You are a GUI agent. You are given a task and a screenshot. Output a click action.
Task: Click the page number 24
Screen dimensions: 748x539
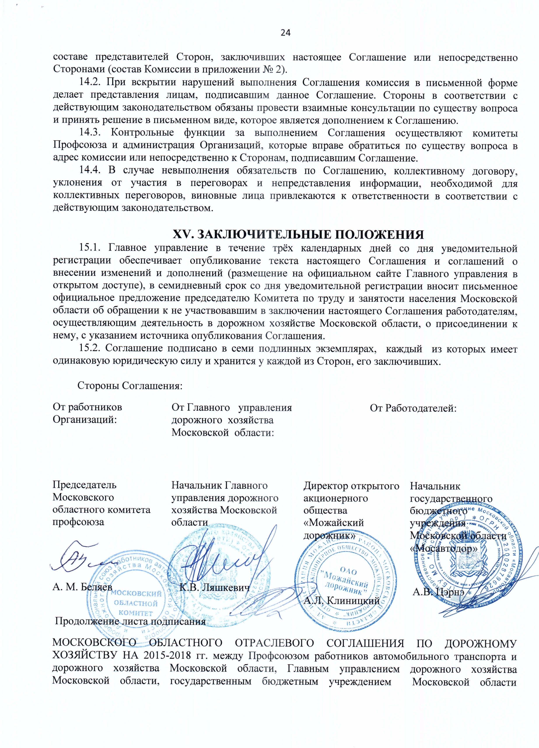(x=285, y=32)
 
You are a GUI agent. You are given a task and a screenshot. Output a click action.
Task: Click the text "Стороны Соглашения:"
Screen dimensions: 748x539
(x=130, y=386)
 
